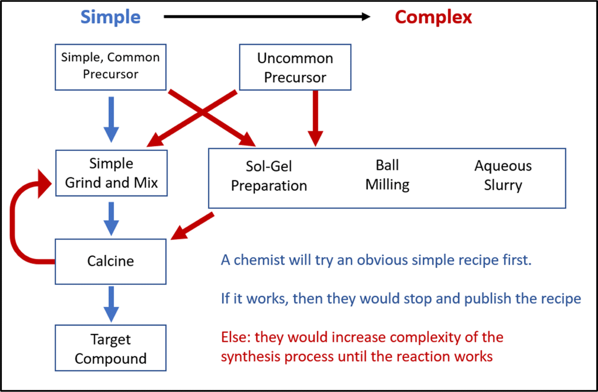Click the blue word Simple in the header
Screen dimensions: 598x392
coord(110,17)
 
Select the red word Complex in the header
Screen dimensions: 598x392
coord(433,17)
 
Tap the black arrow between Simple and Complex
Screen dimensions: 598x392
coord(267,17)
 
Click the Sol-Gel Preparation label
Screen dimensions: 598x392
coord(269,176)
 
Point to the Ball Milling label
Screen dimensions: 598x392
coord(387,174)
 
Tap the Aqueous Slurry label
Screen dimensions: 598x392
coord(503,175)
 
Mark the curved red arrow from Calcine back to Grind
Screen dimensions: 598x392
coord(12,222)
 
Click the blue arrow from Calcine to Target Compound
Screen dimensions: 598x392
coord(111,305)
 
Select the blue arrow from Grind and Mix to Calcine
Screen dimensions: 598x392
coord(111,219)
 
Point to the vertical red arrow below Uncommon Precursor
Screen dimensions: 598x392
coord(315,119)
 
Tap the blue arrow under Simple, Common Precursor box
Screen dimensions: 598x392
coord(111,120)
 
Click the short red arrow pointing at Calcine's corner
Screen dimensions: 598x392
coord(192,226)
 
